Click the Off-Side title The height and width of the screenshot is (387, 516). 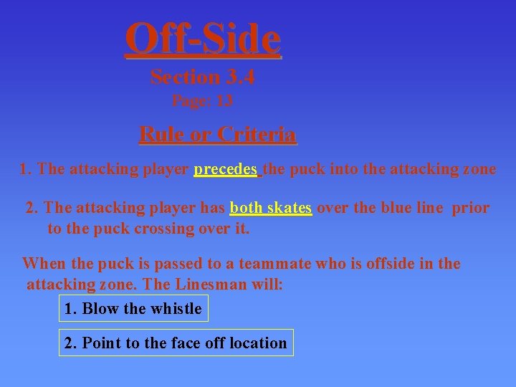coord(203,39)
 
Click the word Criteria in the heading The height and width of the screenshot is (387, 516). coord(257,134)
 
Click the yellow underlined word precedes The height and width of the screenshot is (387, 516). coord(226,169)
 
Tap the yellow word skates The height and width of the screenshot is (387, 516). coord(289,208)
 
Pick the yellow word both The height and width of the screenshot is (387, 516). coord(246,208)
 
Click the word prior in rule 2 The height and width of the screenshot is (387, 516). coord(470,208)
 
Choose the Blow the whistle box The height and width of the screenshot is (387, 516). coord(133,309)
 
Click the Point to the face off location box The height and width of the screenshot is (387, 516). coord(176,343)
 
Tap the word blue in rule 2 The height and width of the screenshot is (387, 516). coord(381,208)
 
